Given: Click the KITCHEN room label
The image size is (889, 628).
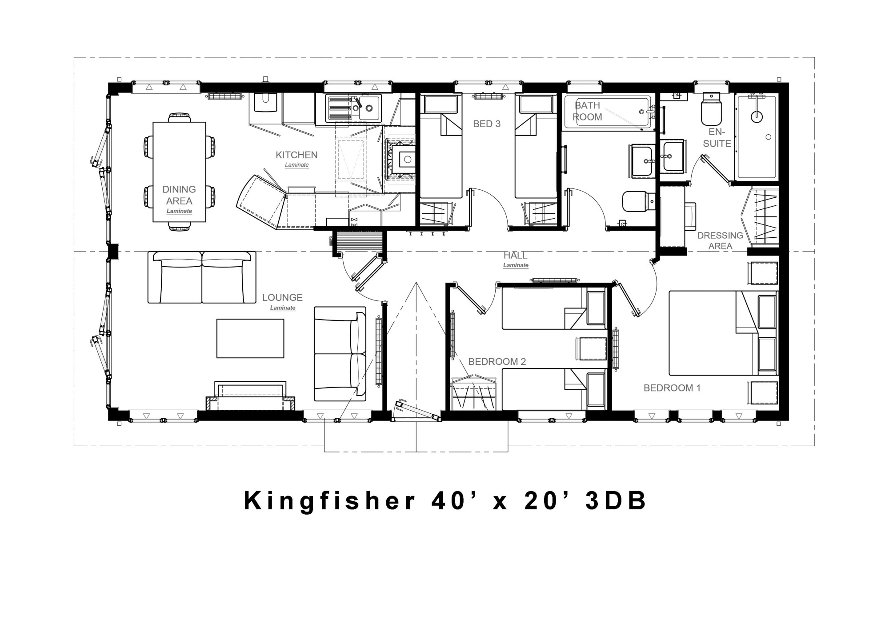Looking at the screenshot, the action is [296, 155].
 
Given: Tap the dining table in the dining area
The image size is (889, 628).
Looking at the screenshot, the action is [180, 172].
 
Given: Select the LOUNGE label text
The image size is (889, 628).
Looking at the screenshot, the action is [282, 297].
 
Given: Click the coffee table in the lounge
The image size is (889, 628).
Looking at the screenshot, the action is [250, 338].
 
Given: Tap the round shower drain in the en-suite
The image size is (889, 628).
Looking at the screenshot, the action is [756, 117].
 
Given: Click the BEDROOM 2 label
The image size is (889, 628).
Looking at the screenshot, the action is [497, 362].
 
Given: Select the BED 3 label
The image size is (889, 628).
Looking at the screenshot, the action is [487, 124].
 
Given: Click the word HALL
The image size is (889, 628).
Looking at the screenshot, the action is [515, 256].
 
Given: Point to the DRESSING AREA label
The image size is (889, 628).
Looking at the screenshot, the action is [720, 240].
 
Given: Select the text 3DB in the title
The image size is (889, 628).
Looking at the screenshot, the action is [616, 501].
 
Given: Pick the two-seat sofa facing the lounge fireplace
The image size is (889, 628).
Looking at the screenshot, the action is [202, 277].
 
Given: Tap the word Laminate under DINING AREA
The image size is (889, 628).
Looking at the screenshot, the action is [179, 211].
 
